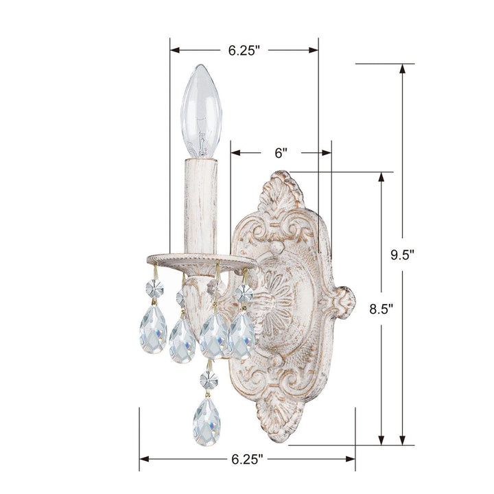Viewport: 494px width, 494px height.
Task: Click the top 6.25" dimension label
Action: click(x=245, y=50)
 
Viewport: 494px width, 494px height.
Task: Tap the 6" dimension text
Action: click(x=280, y=154)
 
